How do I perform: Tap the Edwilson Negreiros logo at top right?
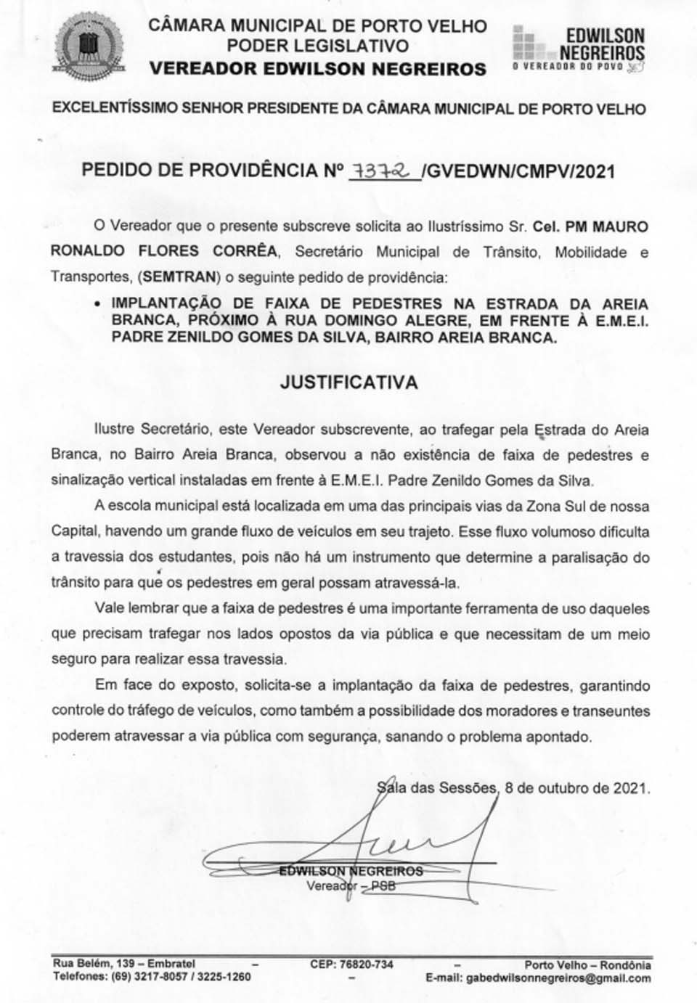(579, 48)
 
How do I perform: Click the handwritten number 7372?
(383, 170)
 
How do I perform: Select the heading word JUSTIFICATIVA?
(349, 382)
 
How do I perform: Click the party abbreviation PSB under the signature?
(383, 885)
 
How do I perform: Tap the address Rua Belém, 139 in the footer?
(94, 965)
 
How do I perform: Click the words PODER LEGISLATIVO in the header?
(317, 46)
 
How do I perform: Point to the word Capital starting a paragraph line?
(75, 532)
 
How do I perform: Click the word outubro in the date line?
(564, 787)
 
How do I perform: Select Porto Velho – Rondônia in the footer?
(587, 965)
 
